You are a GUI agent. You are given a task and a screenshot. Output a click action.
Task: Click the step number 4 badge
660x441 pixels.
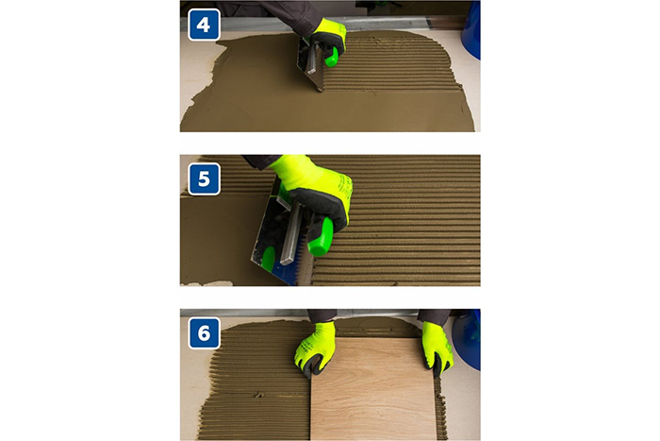coord(204,25)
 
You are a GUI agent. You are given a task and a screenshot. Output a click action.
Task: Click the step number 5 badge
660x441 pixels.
coord(204,179)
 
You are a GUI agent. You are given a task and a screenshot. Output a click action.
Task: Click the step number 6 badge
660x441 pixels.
coord(204,333)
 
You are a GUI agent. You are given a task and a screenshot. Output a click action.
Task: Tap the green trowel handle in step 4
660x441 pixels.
coord(332,57)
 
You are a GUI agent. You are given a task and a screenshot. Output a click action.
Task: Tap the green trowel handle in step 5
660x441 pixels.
coord(321,236)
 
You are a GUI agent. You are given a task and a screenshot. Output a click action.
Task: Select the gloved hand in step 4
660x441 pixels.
coord(328,38)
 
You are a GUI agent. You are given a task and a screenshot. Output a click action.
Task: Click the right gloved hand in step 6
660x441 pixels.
coord(437,348)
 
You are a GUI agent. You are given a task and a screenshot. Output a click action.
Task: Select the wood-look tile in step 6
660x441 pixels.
coord(373,389)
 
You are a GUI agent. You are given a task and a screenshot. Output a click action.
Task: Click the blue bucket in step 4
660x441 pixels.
coord(471,29)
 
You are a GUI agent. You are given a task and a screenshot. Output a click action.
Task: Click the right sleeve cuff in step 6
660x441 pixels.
coord(434,317)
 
